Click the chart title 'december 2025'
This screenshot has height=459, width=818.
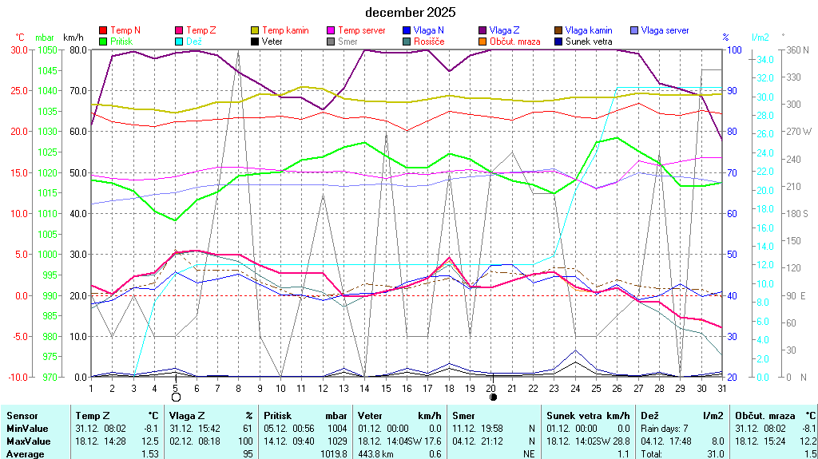point(411,12)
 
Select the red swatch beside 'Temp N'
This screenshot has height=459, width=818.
point(103,30)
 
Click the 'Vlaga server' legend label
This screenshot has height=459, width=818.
point(665,30)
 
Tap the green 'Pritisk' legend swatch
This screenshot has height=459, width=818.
point(103,41)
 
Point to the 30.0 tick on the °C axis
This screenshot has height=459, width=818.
point(18,49)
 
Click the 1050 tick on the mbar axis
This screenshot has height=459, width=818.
point(46,49)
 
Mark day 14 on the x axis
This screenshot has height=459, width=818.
point(364,388)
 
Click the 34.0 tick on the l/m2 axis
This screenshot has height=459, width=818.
point(763,60)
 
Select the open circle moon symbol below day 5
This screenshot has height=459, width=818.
point(176,397)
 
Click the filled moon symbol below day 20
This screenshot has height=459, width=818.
point(493,397)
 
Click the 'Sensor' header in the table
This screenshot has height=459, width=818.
point(22,416)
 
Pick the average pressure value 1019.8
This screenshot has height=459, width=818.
point(332,454)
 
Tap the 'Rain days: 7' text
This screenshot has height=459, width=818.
point(665,429)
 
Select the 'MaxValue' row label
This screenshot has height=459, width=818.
point(29,441)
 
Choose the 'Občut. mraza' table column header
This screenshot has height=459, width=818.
point(764,416)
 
